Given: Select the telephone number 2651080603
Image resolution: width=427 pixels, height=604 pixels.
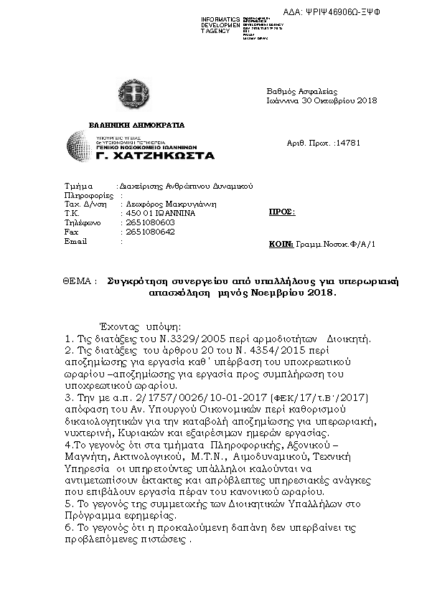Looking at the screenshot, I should coord(150,222).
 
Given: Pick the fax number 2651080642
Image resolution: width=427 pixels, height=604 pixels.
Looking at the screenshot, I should coord(150,232).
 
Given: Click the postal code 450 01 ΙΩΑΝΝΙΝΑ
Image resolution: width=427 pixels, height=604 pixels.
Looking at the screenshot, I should coord(160,213).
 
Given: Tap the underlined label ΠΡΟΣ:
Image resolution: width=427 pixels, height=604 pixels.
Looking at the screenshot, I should coord(281,213).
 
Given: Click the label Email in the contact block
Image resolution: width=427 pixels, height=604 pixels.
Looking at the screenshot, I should coord(75,241).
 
